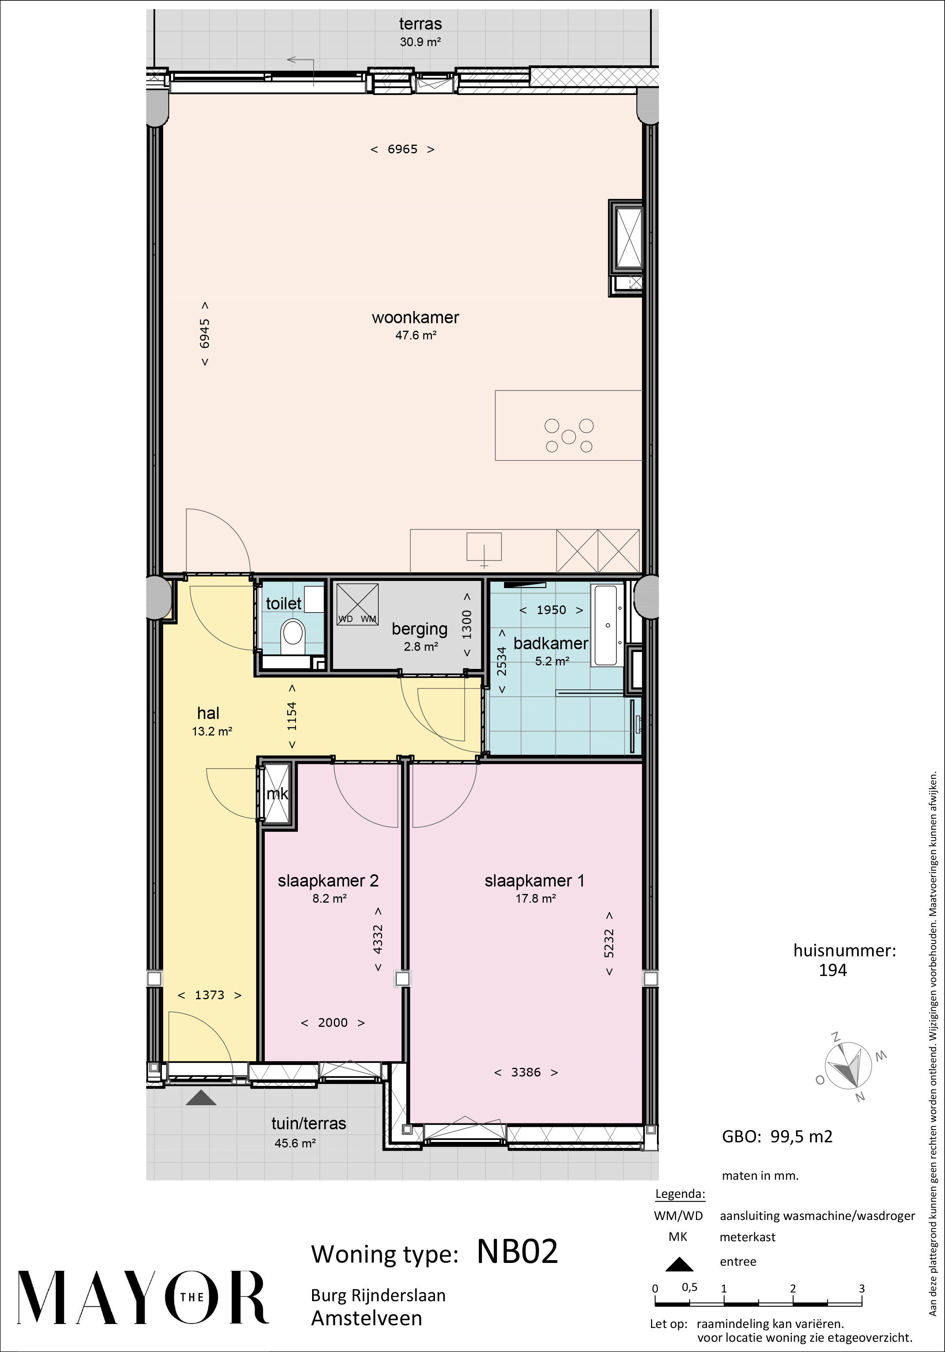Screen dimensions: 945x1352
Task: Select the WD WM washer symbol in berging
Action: pos(357,603)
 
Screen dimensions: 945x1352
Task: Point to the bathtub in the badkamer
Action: pos(608,626)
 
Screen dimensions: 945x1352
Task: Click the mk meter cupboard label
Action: pos(277,794)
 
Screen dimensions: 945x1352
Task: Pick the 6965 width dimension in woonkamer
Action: pos(403,149)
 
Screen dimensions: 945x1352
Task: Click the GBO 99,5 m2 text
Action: pos(777,1136)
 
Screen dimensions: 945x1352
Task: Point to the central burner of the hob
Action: pos(568,436)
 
